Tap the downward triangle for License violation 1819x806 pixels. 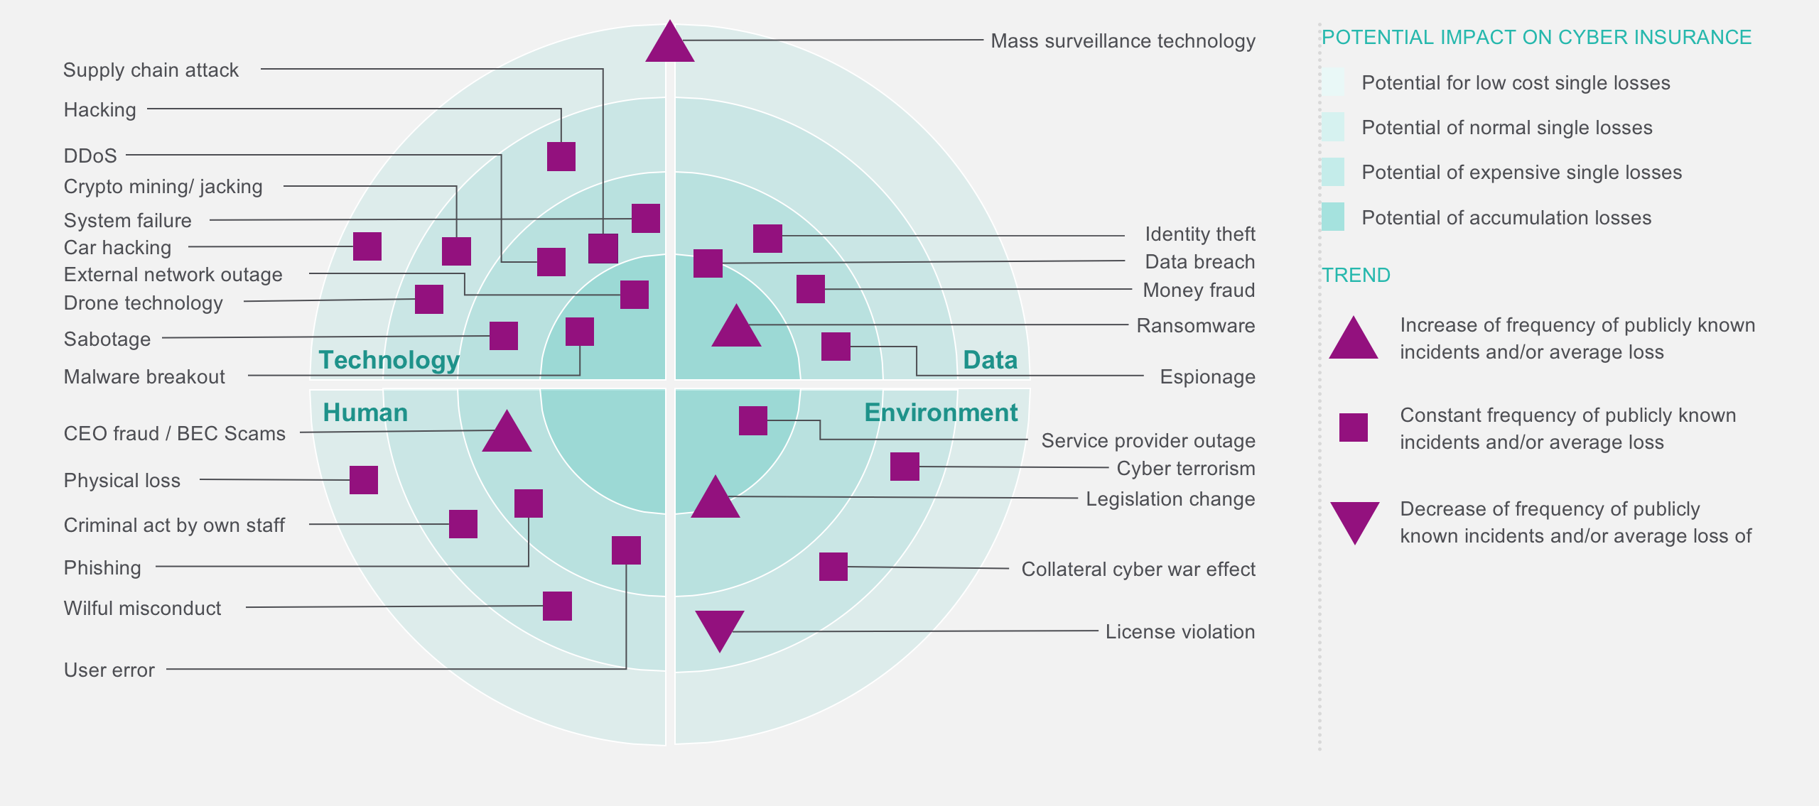tap(719, 628)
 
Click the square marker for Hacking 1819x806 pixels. tap(561, 156)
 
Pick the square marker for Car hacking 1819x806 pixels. tap(367, 246)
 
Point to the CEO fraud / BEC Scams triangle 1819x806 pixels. tap(507, 434)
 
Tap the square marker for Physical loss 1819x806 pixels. tap(363, 480)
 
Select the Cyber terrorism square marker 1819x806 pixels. tap(905, 467)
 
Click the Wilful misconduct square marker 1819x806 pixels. tap(557, 606)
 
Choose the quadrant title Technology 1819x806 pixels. tap(389, 360)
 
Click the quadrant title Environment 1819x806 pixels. tap(941, 413)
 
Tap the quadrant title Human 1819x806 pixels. tap(365, 413)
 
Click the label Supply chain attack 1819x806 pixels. tap(151, 70)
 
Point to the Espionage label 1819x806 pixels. tap(1207, 376)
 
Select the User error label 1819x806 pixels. tap(109, 670)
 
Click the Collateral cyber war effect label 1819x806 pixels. tap(1138, 570)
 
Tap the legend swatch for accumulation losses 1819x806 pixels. tap(1332, 217)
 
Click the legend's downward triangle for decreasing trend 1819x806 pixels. tap(1354, 521)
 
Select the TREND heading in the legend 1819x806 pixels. tap(1356, 275)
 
